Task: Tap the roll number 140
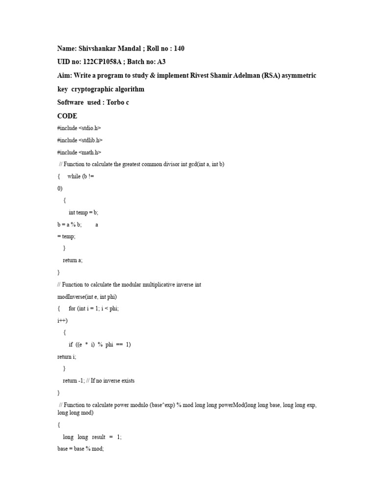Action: (178, 48)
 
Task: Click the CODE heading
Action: (67, 116)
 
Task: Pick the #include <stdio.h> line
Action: (79, 128)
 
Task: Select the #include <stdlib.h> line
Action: (80, 140)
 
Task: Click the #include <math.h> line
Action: (79, 152)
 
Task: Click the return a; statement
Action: (73, 260)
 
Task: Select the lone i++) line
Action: (62, 320)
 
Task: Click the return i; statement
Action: (67, 356)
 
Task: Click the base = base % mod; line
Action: (81, 449)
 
